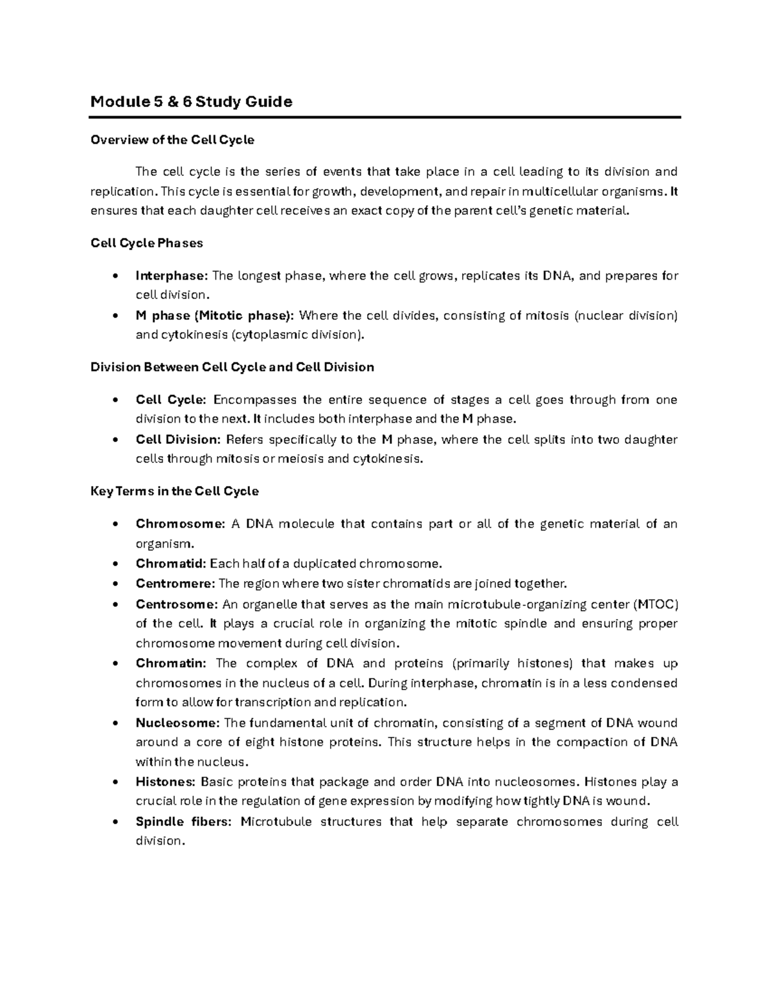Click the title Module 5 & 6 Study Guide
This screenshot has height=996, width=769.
tap(191, 101)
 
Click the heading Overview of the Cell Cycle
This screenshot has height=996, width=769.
tap(172, 140)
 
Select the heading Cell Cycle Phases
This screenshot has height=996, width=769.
tap(147, 243)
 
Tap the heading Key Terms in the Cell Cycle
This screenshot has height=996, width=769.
tap(174, 491)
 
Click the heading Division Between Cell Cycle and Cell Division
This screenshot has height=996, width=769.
tap(232, 367)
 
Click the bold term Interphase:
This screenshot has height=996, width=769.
tap(172, 276)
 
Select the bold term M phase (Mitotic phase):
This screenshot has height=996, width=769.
tap(215, 316)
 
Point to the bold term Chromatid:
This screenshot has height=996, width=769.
tap(170, 564)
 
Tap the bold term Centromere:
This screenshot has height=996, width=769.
tap(175, 584)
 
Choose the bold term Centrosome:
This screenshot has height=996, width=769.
tap(176, 604)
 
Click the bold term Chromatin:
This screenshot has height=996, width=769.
tap(171, 663)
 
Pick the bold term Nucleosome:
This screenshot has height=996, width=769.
tap(178, 723)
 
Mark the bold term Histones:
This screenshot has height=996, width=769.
tap(165, 782)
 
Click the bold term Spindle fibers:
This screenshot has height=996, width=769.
tap(183, 822)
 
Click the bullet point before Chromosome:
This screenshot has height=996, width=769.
tap(114, 525)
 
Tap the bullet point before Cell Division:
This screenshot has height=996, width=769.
tap(114, 440)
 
